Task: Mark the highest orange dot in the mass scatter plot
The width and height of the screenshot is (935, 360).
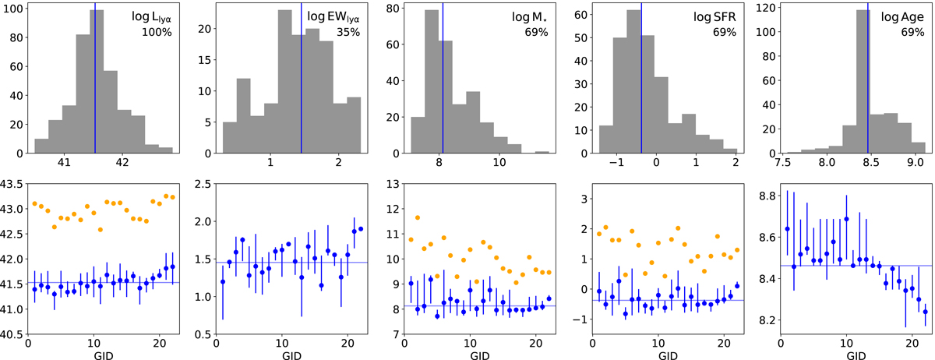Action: (418, 217)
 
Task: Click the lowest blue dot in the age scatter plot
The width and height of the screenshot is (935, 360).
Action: (925, 312)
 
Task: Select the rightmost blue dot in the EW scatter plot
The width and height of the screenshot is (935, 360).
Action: (361, 228)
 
